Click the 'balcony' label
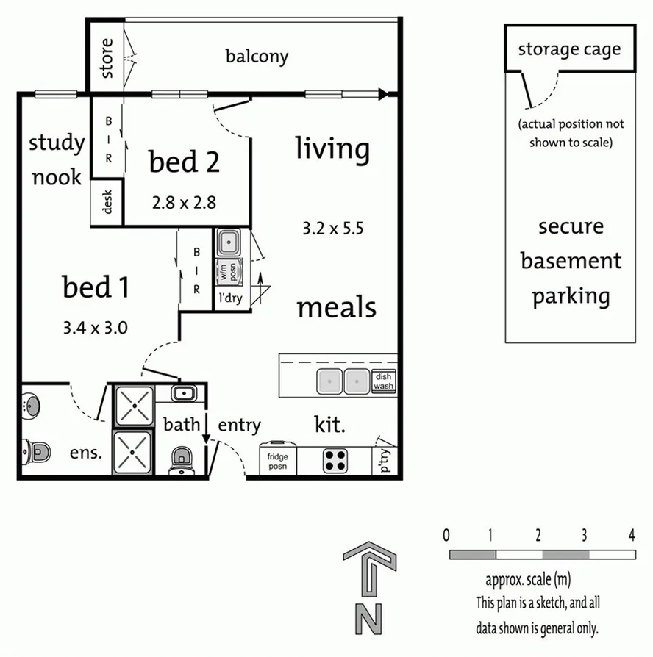tap(257, 57)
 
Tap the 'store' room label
tap(107, 59)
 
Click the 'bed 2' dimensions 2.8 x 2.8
tap(184, 203)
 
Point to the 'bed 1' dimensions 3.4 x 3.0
tap(96, 327)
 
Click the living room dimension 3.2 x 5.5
tap(333, 229)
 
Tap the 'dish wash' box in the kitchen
tap(383, 381)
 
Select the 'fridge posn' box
tap(278, 461)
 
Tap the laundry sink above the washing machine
tap(228, 241)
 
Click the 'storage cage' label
tap(569, 49)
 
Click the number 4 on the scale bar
tap(631, 534)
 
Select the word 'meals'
tap(336, 307)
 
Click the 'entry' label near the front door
tap(239, 425)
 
